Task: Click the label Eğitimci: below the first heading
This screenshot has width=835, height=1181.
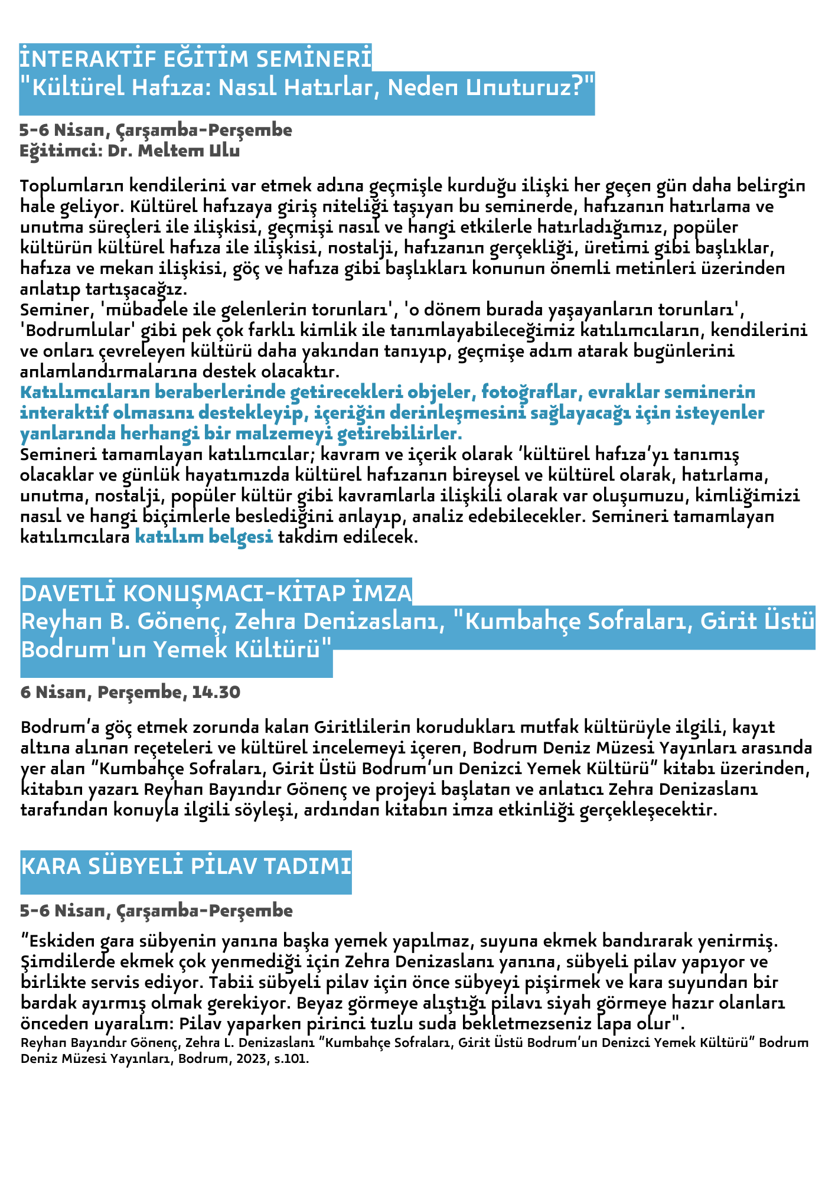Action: coord(54,151)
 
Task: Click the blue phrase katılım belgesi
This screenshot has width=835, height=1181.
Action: coord(204,537)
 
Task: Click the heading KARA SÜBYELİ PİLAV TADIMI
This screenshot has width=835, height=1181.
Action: coord(186,866)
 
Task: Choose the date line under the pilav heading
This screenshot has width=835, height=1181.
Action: coord(156,911)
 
